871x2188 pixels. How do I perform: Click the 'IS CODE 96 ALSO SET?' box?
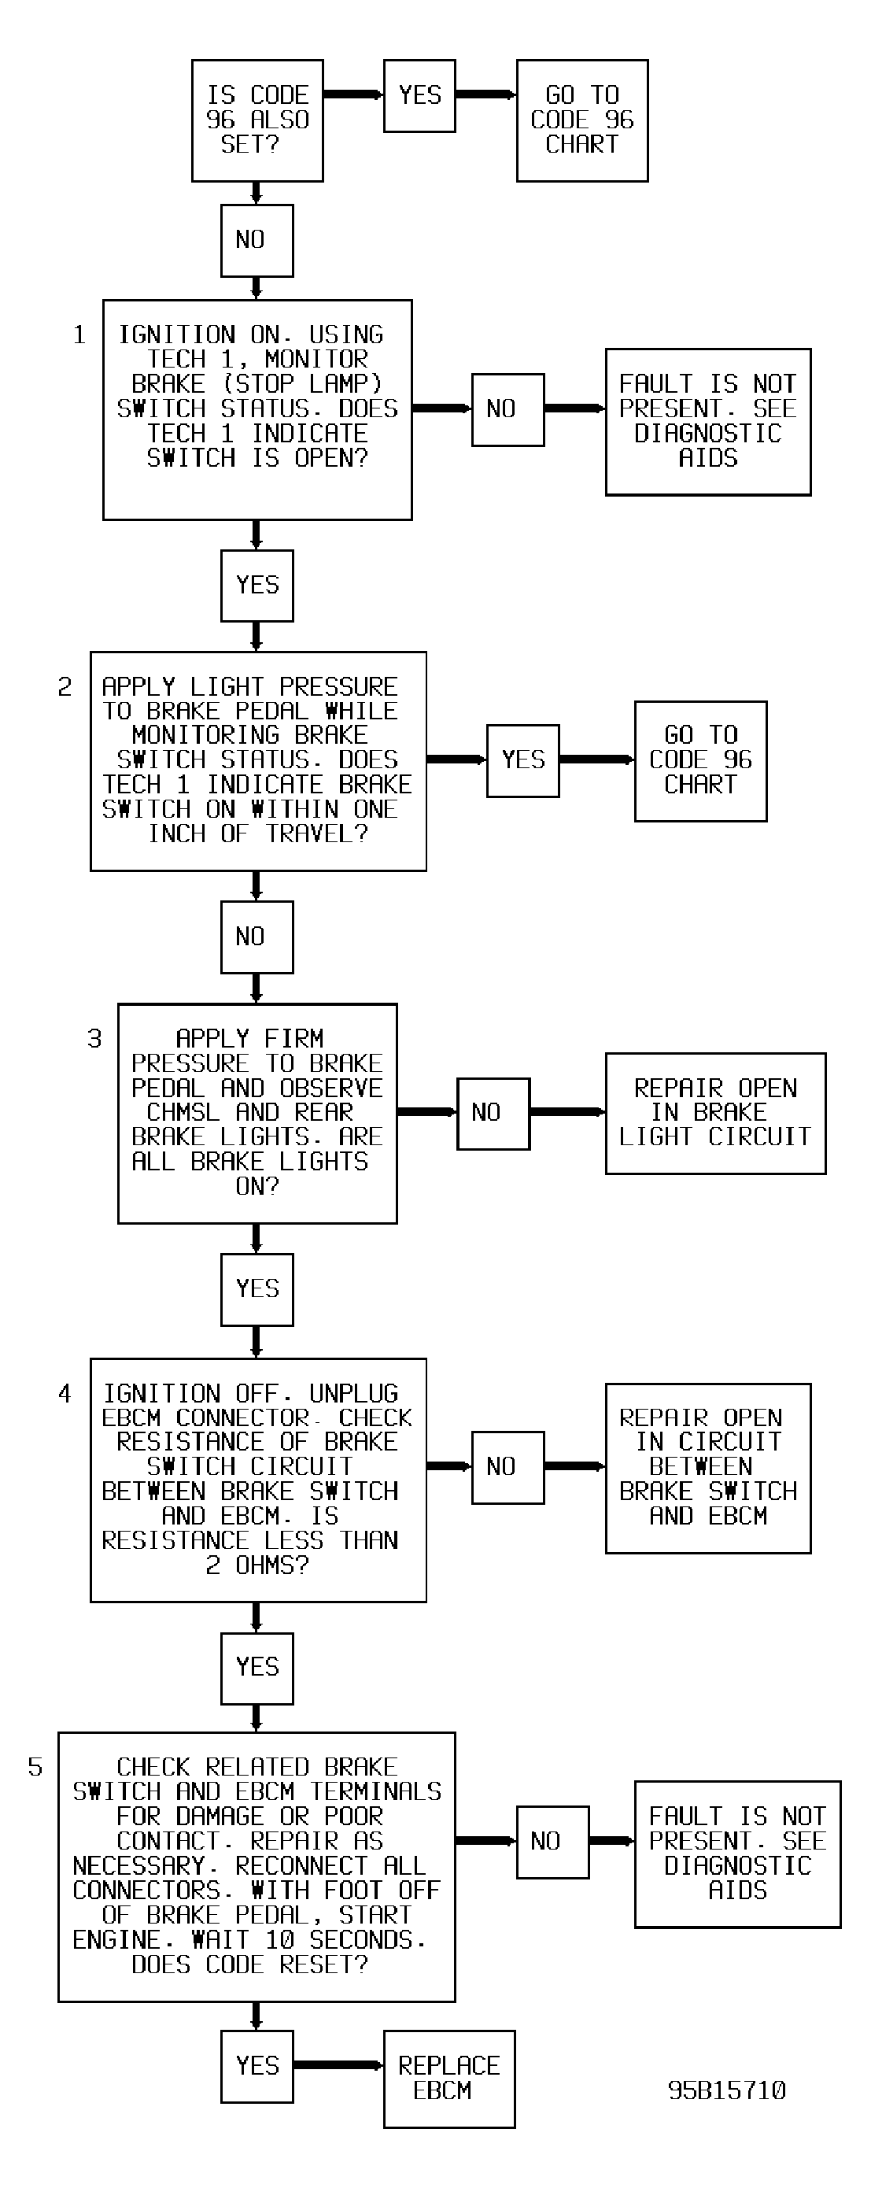click(x=257, y=120)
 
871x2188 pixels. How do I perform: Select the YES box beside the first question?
click(x=419, y=95)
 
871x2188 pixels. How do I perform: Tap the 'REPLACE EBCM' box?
click(x=449, y=2079)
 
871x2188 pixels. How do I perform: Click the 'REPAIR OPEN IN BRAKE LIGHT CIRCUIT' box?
click(x=716, y=1113)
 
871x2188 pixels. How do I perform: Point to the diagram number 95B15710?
click(x=727, y=2090)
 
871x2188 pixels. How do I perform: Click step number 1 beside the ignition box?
click(x=79, y=334)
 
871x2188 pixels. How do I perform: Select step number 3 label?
click(x=94, y=1038)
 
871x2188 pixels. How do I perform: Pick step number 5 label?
click(x=35, y=1767)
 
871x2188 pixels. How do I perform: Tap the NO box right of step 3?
click(x=493, y=1114)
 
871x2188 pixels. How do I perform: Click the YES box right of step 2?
click(x=523, y=760)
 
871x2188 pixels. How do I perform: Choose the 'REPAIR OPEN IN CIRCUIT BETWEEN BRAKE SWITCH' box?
click(x=708, y=1468)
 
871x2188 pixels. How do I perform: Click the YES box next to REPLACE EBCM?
click(x=257, y=2066)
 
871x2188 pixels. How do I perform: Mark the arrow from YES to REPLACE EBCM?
click(x=338, y=2065)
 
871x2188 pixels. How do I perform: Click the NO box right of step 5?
click(x=552, y=1842)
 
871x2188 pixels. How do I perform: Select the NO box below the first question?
click(x=257, y=240)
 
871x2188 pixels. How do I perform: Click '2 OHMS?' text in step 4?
click(x=257, y=1565)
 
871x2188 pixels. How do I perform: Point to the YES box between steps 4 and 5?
click(x=257, y=1667)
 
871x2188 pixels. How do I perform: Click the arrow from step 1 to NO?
click(x=442, y=408)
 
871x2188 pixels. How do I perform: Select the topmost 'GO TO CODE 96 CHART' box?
click(x=582, y=120)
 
